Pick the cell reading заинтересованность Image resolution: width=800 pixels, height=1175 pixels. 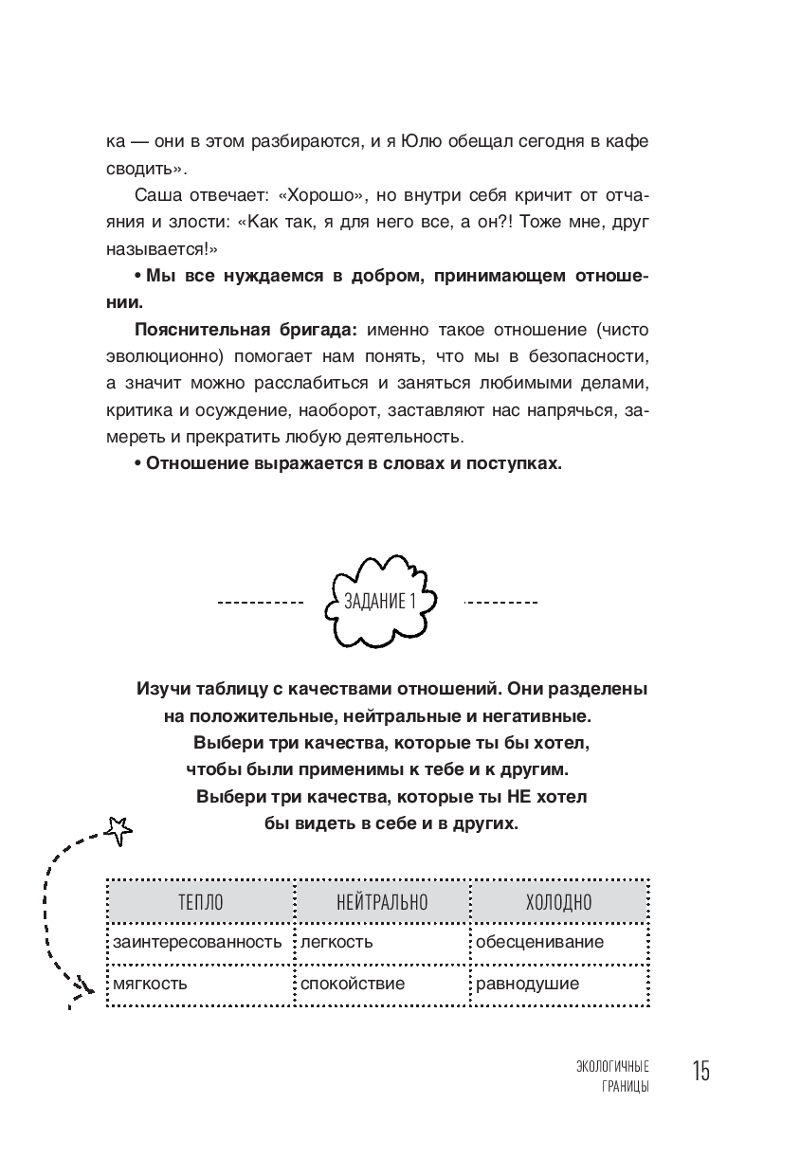point(197,942)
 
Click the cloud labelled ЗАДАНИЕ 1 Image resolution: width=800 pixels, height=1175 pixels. point(380,601)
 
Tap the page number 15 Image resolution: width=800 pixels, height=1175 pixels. point(700,1071)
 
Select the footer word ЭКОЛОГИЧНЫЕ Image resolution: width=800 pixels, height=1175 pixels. point(612,1066)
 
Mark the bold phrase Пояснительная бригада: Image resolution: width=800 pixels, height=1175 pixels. point(246,330)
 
